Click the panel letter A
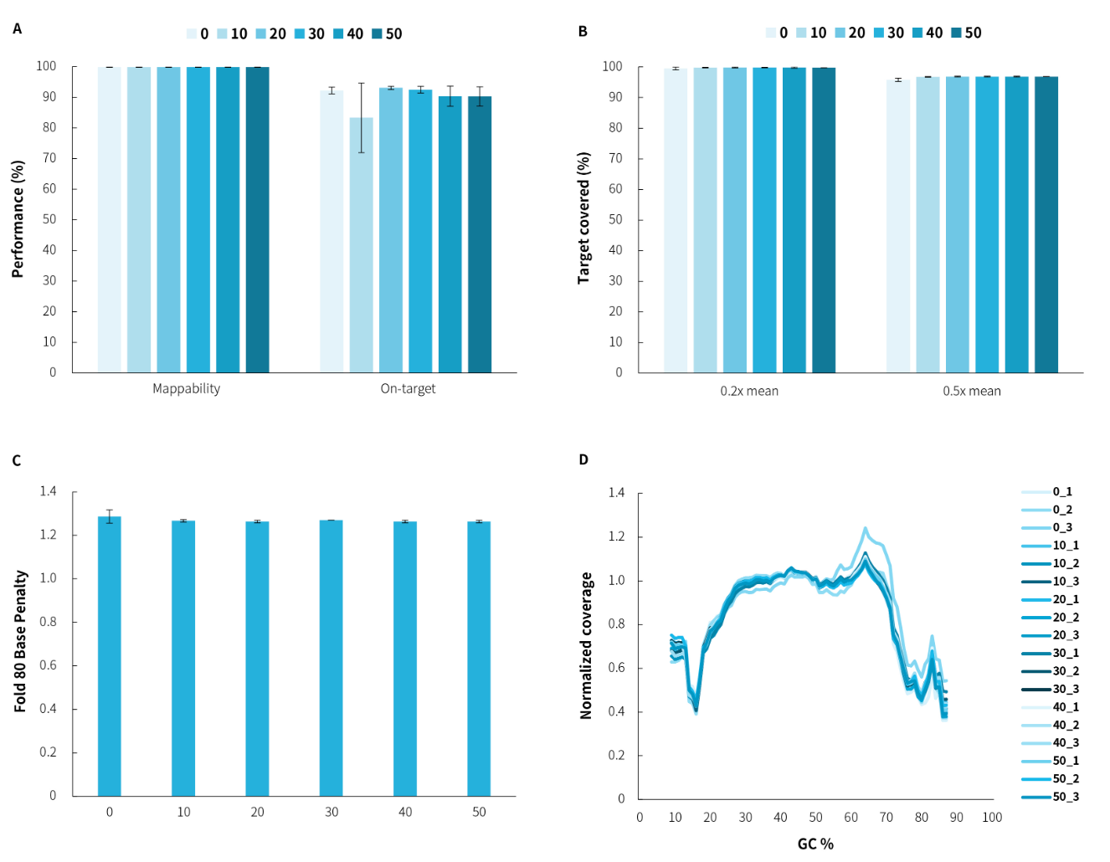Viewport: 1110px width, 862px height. [x=17, y=29]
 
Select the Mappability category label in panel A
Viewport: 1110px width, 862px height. [x=186, y=388]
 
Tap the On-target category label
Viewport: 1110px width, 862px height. [x=408, y=388]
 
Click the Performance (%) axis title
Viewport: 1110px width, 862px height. [x=18, y=219]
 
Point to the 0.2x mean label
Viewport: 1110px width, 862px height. [x=749, y=391]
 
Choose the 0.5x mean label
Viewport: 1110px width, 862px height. [x=972, y=391]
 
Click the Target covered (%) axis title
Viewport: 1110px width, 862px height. [x=584, y=218]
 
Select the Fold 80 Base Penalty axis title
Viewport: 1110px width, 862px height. [x=21, y=641]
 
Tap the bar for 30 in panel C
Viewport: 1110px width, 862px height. [x=331, y=658]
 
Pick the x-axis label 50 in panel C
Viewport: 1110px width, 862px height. [x=479, y=812]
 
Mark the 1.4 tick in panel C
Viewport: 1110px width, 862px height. [x=48, y=491]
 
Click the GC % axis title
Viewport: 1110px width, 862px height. [x=815, y=844]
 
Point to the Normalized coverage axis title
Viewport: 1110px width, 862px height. [x=586, y=645]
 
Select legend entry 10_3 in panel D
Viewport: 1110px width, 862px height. [x=1066, y=582]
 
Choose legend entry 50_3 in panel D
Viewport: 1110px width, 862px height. [x=1066, y=797]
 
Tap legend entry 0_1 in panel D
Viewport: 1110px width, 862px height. [x=1062, y=492]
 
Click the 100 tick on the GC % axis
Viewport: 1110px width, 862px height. [x=992, y=817]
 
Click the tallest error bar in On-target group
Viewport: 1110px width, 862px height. [x=362, y=117]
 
